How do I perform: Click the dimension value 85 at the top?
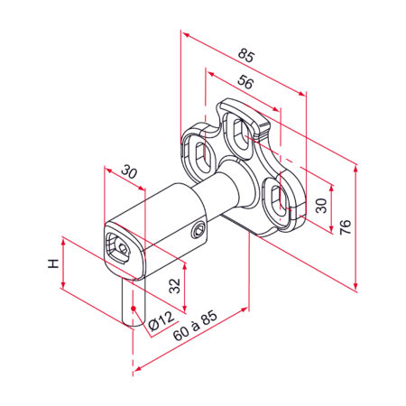click(x=246, y=56)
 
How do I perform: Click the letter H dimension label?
click(x=53, y=264)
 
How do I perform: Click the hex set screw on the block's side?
click(x=198, y=232)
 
